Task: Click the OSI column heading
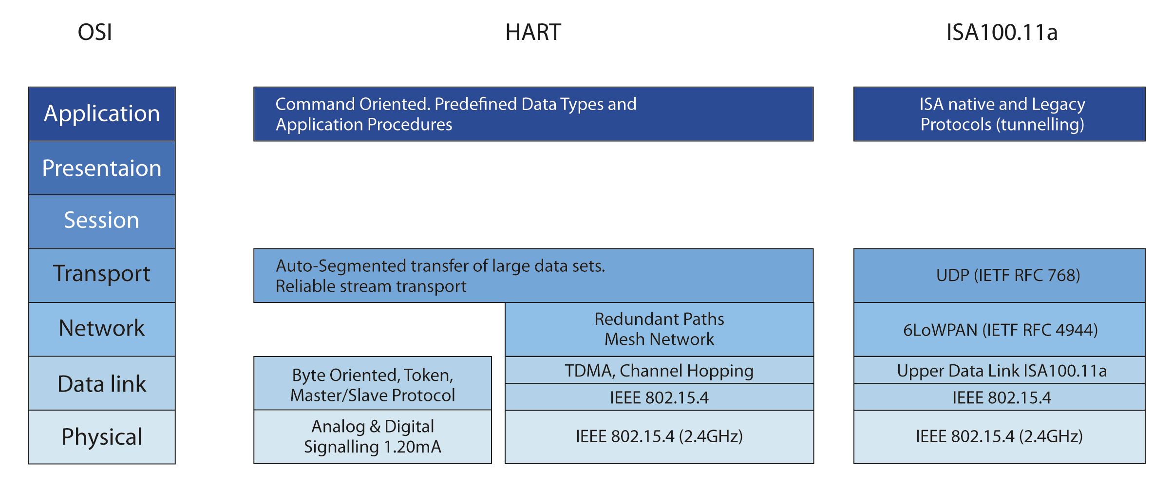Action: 95,33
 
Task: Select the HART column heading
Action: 533,33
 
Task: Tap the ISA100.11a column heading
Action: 1002,33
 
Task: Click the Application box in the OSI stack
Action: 102,114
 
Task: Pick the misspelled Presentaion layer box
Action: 102,169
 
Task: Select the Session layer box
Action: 102,221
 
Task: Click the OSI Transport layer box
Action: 102,274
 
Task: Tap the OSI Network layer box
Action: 102,329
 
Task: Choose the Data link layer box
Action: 102,384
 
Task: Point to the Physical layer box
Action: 102,437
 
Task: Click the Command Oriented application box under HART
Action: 533,114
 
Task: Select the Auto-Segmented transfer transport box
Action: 533,276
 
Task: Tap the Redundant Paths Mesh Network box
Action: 659,329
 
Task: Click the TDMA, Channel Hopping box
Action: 659,371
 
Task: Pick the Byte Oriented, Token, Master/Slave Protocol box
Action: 373,385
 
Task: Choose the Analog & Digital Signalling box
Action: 373,437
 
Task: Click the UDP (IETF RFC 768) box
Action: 999,276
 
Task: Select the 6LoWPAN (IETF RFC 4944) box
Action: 999,330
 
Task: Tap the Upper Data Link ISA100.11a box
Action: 999,371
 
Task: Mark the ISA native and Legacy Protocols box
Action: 999,114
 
